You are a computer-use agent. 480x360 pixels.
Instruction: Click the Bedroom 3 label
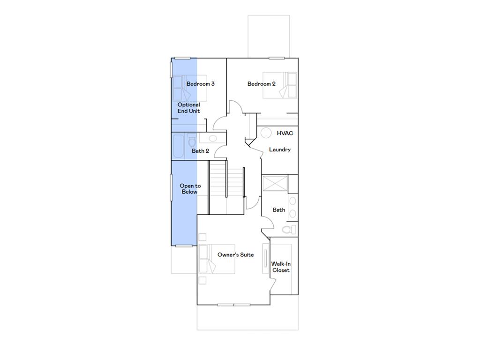(200, 84)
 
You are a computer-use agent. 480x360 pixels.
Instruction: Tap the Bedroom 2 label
(261, 84)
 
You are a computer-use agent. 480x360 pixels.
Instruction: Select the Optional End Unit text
(188, 108)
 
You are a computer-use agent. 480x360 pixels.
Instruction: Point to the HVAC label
(285, 133)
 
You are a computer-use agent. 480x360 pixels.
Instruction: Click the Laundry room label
(279, 150)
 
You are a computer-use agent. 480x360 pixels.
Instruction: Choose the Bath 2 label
(200, 151)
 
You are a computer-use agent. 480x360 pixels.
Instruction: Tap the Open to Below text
(190, 189)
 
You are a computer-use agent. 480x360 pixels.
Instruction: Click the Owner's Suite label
(235, 255)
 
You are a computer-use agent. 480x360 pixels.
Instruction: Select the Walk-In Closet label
(281, 267)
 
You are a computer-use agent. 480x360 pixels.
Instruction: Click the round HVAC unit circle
(266, 133)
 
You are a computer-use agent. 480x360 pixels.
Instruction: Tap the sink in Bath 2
(212, 138)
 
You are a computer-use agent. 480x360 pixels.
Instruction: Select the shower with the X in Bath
(275, 183)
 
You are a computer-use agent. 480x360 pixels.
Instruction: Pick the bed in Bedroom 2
(280, 85)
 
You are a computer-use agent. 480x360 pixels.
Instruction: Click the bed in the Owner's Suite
(208, 259)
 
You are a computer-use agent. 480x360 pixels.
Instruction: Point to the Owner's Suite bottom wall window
(233, 305)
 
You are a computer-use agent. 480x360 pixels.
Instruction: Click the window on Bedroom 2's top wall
(277, 58)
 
